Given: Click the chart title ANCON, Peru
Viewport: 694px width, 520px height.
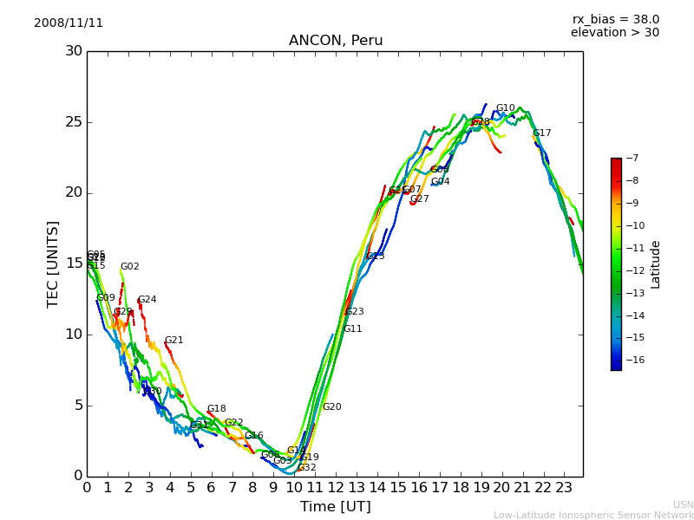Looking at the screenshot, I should pos(336,41).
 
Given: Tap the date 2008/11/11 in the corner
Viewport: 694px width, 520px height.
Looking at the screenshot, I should pos(69,23).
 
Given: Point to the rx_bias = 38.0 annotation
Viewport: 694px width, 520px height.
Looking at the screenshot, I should pos(615,20).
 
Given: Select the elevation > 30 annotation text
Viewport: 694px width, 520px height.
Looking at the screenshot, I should pos(614,33).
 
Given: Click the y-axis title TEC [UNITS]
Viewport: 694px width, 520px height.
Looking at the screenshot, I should pos(53,263).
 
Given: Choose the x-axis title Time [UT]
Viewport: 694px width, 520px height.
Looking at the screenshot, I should pos(335,507).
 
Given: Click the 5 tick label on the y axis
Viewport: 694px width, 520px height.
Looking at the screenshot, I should pos(76,406).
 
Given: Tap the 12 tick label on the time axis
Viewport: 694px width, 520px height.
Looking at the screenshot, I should pos(336,487).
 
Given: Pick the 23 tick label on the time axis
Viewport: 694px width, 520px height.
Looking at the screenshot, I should pos(564,487).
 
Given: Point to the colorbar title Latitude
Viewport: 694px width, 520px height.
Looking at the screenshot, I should pos(656,264).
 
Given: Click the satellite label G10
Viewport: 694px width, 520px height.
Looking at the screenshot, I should pos(506,108).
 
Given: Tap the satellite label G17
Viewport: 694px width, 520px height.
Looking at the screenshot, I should pos(542,133).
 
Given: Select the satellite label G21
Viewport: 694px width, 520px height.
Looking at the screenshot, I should pos(174,341).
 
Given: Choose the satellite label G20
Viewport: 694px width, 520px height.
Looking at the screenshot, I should pos(332,407).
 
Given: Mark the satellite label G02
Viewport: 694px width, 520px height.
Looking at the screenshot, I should pos(130,267).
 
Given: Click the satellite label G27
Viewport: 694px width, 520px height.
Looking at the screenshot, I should pos(420,199).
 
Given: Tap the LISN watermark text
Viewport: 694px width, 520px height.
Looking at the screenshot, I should pos(684,504).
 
